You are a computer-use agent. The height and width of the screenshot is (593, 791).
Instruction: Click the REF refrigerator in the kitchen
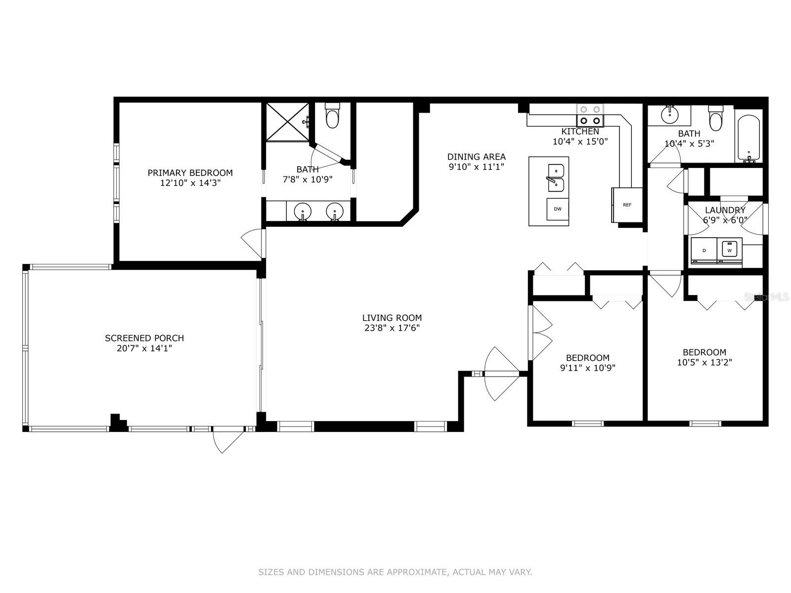(x=627, y=205)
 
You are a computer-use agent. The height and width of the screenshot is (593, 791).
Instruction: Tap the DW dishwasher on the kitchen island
(x=558, y=209)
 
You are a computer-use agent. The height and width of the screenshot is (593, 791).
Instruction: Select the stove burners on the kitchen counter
(x=590, y=115)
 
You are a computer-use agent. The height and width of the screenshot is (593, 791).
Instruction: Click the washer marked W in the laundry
(x=729, y=250)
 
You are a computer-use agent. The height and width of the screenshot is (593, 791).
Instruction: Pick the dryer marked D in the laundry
(x=704, y=250)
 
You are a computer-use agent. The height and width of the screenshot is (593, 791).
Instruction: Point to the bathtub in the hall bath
(x=749, y=138)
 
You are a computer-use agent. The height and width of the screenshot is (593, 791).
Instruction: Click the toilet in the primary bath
(x=332, y=115)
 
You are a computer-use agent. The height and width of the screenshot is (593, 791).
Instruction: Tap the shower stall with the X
(x=287, y=122)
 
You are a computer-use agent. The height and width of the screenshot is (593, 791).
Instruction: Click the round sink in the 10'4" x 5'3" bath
(x=670, y=115)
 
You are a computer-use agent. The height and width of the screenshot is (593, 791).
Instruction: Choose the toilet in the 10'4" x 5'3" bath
(x=716, y=118)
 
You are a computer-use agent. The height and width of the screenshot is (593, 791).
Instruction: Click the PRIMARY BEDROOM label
(x=190, y=173)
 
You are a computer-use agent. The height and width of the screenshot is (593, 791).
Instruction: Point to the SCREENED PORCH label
(x=144, y=338)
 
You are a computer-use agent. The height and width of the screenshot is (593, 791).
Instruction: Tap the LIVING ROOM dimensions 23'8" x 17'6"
(x=392, y=328)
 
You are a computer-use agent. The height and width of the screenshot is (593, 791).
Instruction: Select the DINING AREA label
(x=477, y=157)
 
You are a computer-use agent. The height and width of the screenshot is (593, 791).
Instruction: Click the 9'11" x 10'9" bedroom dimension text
(x=588, y=368)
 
